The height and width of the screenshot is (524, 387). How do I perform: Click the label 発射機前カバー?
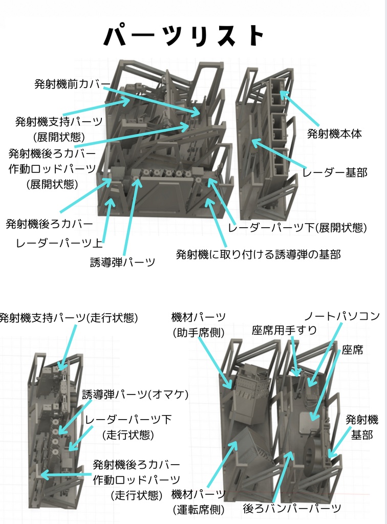(x=72, y=84)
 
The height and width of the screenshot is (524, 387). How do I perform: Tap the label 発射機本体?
(x=335, y=134)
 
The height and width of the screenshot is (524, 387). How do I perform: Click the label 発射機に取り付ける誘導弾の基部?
(x=258, y=254)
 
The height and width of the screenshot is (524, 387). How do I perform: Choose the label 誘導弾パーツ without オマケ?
(x=122, y=263)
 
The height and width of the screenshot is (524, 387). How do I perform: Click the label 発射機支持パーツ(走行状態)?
(x=69, y=318)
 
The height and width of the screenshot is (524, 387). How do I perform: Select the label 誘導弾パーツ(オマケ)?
(x=136, y=395)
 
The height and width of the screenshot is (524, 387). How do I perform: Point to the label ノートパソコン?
(x=342, y=316)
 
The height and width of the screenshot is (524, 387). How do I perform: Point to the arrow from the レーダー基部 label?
(x=279, y=154)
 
